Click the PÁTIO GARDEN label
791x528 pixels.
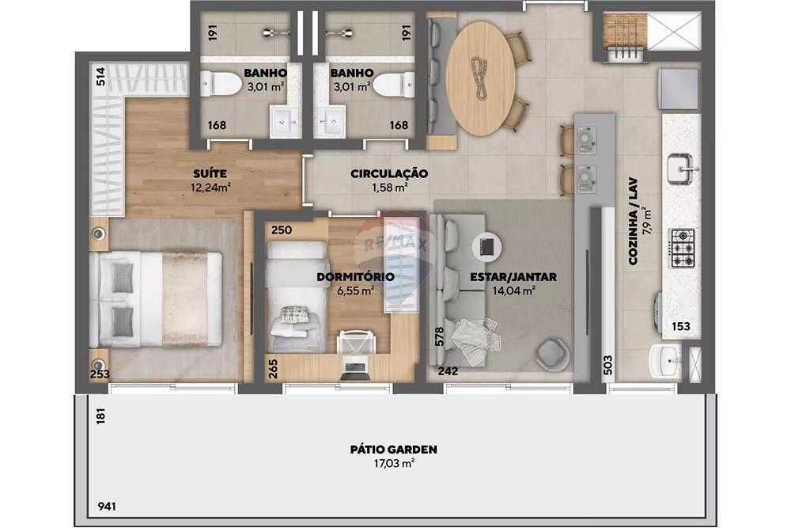tap(393, 449)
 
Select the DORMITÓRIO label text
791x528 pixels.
tap(355, 276)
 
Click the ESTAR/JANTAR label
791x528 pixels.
tap(513, 277)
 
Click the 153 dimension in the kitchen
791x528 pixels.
tap(680, 325)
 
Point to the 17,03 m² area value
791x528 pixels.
tap(393, 463)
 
